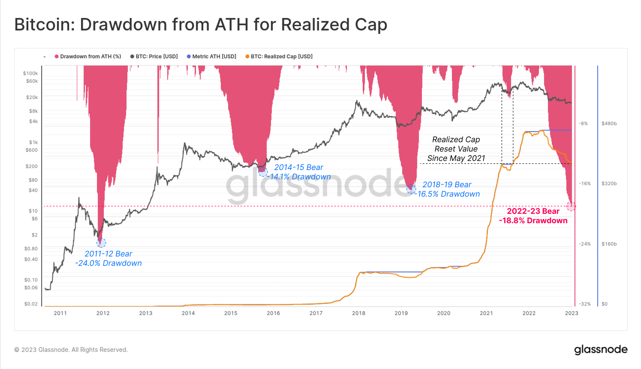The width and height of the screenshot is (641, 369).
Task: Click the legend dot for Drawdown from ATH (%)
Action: tap(57, 57)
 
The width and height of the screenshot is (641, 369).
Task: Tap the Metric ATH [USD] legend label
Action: tap(214, 57)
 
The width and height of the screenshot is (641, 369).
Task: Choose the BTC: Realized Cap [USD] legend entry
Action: tap(281, 57)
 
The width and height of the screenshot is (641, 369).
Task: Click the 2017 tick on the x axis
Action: tap(316, 313)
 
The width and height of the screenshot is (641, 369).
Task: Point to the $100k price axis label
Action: tap(30, 73)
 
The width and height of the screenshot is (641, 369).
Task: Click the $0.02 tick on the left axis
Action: tap(31, 304)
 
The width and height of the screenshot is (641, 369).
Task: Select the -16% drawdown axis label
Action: tap(585, 184)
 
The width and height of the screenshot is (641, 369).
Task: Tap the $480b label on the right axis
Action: tap(609, 124)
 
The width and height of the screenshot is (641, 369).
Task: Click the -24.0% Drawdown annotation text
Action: tap(108, 263)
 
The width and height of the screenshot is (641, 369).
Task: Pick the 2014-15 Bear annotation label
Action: tap(299, 167)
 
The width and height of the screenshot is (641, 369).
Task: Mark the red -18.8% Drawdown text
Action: tap(533, 221)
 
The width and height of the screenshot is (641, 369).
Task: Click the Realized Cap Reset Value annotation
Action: tap(456, 149)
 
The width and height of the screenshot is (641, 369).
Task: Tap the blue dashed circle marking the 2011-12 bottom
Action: tap(101, 243)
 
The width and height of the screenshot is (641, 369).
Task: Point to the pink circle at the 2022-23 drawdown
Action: tap(571, 206)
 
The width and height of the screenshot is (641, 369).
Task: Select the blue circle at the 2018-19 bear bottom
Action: tap(411, 189)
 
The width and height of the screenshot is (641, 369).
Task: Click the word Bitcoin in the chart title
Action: tap(43, 25)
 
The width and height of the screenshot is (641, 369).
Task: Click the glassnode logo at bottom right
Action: tap(601, 350)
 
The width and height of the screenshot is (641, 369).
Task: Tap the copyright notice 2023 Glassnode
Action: tap(71, 350)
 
